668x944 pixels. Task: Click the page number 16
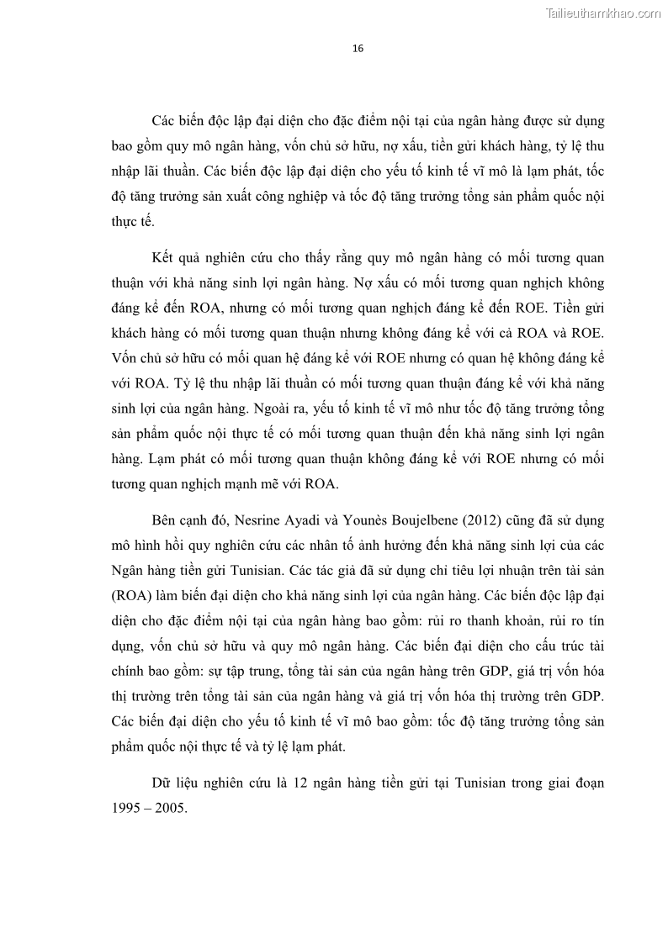(x=358, y=49)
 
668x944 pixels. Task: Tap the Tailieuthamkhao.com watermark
(x=603, y=13)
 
